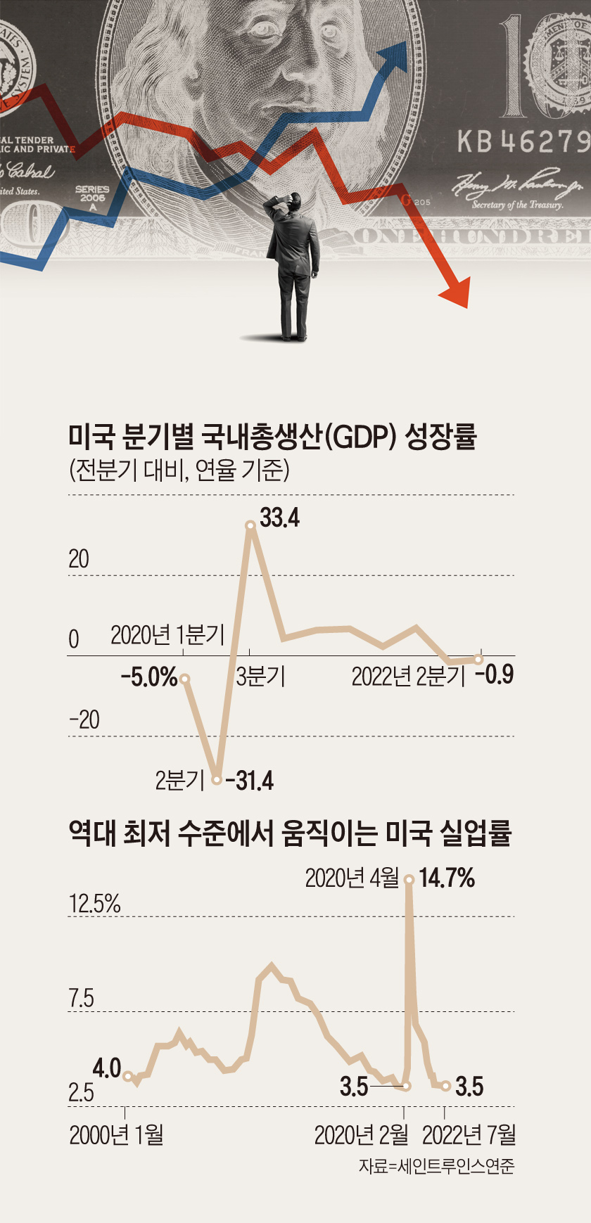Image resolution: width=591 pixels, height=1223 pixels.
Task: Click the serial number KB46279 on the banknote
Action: (x=523, y=141)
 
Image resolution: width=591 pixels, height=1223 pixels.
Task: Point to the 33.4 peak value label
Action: (x=280, y=518)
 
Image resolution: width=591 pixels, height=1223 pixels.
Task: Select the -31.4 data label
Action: (x=250, y=781)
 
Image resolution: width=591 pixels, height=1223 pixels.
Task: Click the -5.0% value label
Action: (x=149, y=677)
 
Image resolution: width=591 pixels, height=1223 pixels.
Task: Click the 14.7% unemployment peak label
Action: (x=447, y=878)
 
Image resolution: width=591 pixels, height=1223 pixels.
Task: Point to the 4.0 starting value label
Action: (x=107, y=1068)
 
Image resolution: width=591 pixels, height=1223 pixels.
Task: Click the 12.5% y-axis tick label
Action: (x=95, y=904)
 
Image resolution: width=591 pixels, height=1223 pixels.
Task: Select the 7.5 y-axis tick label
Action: (x=82, y=998)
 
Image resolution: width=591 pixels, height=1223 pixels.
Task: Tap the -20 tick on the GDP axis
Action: (x=84, y=719)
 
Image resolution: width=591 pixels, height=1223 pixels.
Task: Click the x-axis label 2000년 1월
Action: (x=116, y=1134)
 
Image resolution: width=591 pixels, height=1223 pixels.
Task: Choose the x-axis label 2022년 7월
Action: (x=469, y=1134)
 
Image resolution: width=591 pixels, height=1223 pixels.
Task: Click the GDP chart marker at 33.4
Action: (x=250, y=525)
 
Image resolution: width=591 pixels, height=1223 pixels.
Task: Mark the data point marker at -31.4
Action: (x=217, y=780)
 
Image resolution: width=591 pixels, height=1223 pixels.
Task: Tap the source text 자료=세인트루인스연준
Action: (x=436, y=1166)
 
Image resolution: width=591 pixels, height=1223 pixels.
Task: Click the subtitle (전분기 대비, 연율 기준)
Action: (x=179, y=469)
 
